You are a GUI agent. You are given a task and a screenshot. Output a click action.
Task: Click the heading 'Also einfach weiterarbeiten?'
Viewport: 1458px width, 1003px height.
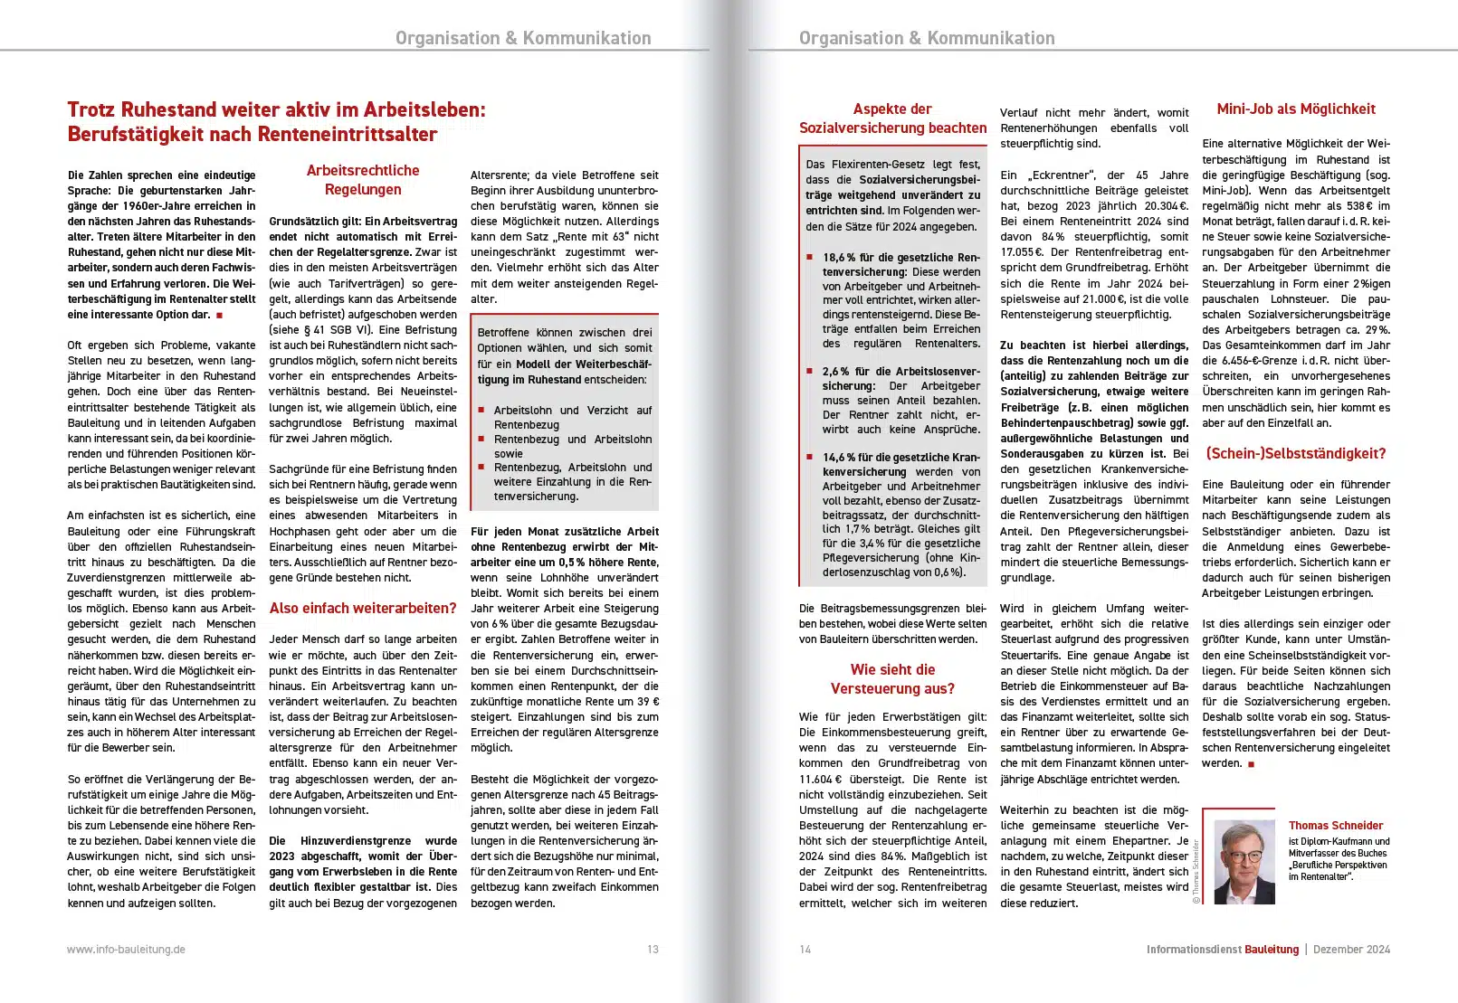click(x=362, y=609)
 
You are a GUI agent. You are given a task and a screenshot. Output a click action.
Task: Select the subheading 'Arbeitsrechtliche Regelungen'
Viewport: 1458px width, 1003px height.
click(x=363, y=180)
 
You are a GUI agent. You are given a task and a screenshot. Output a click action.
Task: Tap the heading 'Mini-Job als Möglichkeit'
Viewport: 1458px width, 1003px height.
click(x=1295, y=109)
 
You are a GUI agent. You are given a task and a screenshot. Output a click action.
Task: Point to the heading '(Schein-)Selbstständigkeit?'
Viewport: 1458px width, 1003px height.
click(x=1295, y=454)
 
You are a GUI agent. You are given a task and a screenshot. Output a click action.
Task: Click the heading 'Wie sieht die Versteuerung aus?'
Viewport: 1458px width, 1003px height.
click(x=892, y=679)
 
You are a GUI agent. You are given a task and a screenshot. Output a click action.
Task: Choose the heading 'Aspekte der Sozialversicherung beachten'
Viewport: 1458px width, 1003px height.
click(x=892, y=118)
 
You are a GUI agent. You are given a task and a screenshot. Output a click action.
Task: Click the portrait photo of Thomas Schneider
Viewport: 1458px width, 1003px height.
click(x=1244, y=863)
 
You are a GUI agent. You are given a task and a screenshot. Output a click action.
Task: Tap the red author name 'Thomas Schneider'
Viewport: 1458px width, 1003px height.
click(x=1336, y=826)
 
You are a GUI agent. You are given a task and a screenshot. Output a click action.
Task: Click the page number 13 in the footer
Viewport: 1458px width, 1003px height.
click(x=653, y=950)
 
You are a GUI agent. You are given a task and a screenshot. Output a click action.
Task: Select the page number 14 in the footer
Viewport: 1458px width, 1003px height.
click(x=805, y=950)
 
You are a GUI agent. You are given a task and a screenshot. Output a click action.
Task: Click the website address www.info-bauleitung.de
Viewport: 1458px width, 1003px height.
click(x=126, y=950)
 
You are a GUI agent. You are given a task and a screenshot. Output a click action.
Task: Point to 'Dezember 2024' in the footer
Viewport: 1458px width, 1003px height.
click(x=1351, y=950)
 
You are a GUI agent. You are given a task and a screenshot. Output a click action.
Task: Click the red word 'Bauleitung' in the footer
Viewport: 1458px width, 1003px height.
click(x=1271, y=950)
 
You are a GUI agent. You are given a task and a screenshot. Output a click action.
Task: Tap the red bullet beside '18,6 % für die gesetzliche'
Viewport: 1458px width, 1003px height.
click(x=810, y=258)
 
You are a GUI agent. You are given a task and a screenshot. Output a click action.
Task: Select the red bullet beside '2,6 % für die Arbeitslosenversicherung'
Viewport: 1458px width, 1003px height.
click(x=810, y=372)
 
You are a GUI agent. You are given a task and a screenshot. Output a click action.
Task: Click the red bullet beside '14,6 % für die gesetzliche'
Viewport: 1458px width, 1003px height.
click(x=810, y=458)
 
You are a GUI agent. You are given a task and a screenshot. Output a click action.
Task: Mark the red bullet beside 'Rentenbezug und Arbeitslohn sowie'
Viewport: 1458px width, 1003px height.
click(x=481, y=440)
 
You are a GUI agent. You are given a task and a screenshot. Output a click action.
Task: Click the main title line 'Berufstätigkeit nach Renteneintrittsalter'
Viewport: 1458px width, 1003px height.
click(x=253, y=135)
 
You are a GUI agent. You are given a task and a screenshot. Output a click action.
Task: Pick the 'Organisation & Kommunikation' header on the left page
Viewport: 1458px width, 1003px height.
click(x=523, y=38)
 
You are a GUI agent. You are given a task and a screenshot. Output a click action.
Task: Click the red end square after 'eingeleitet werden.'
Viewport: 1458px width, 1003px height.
click(x=1252, y=764)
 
